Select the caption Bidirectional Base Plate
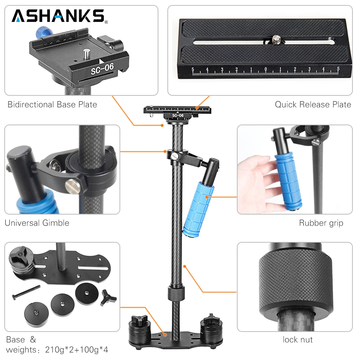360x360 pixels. click(x=52, y=105)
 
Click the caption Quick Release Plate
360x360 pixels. click(x=313, y=105)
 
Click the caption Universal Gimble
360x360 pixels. click(x=37, y=223)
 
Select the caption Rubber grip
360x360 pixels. click(x=321, y=223)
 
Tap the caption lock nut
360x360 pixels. click(x=297, y=339)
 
